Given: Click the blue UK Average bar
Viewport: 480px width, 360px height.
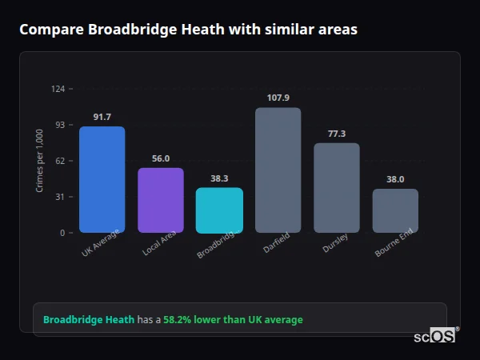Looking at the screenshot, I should (x=102, y=179).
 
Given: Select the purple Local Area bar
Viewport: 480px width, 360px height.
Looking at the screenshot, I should (x=160, y=200).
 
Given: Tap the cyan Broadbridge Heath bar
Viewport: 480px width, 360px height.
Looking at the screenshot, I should (x=219, y=210).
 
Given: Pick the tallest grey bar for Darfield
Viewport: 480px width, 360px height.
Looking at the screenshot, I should (x=278, y=170).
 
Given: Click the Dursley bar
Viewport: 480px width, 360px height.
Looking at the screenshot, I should (x=336, y=188).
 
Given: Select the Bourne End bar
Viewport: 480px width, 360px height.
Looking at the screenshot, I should (x=395, y=210).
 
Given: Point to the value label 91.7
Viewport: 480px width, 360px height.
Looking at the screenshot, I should (x=102, y=118).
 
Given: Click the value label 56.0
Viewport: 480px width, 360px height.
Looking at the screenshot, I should (x=160, y=159).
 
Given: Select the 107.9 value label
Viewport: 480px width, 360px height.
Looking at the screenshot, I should (x=278, y=98).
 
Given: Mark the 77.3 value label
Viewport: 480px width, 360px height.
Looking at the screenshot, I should (x=336, y=134).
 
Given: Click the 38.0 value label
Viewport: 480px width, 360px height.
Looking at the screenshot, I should (x=395, y=180).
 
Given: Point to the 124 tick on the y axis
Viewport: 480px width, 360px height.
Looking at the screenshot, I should (x=58, y=89).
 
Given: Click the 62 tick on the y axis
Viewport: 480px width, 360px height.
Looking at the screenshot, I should (x=60, y=161).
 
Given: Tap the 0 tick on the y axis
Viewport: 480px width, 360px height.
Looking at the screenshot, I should (x=62, y=233).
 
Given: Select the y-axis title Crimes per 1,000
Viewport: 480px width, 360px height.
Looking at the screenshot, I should (x=40, y=161).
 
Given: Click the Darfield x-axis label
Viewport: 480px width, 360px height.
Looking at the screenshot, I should (x=275, y=244).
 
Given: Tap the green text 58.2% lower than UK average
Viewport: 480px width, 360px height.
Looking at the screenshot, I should (x=233, y=320).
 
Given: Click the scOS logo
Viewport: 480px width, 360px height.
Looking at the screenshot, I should (x=435, y=336).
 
